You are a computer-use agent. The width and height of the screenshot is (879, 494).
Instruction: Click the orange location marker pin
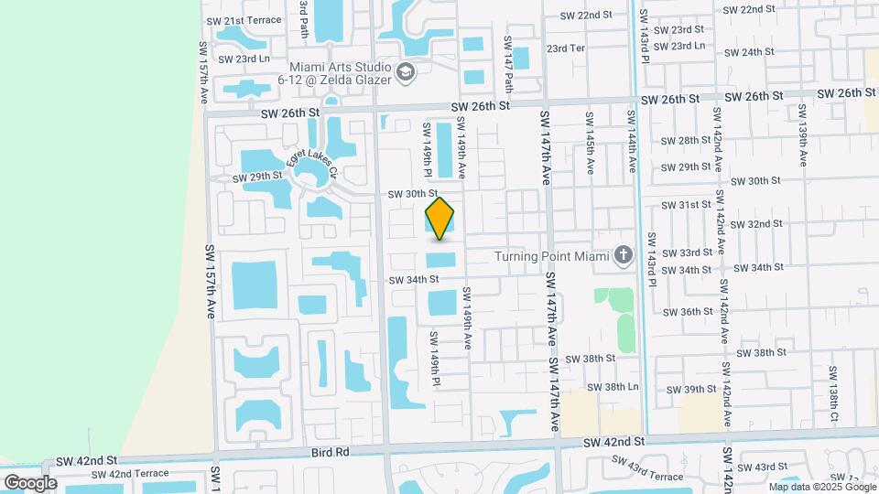[439, 219]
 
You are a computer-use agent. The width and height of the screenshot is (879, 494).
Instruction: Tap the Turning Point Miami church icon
[624, 255]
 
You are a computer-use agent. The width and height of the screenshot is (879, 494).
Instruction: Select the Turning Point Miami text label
[552, 256]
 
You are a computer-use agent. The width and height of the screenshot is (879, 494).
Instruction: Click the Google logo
[30, 482]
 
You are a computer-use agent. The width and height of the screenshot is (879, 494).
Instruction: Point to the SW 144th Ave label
[631, 142]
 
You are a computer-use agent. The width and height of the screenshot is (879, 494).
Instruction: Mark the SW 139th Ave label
[802, 134]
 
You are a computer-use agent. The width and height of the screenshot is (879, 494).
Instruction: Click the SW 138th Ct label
[833, 393]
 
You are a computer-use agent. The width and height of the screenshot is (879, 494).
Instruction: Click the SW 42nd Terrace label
[130, 473]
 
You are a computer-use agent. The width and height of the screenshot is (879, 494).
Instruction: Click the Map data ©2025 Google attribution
[820, 487]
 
